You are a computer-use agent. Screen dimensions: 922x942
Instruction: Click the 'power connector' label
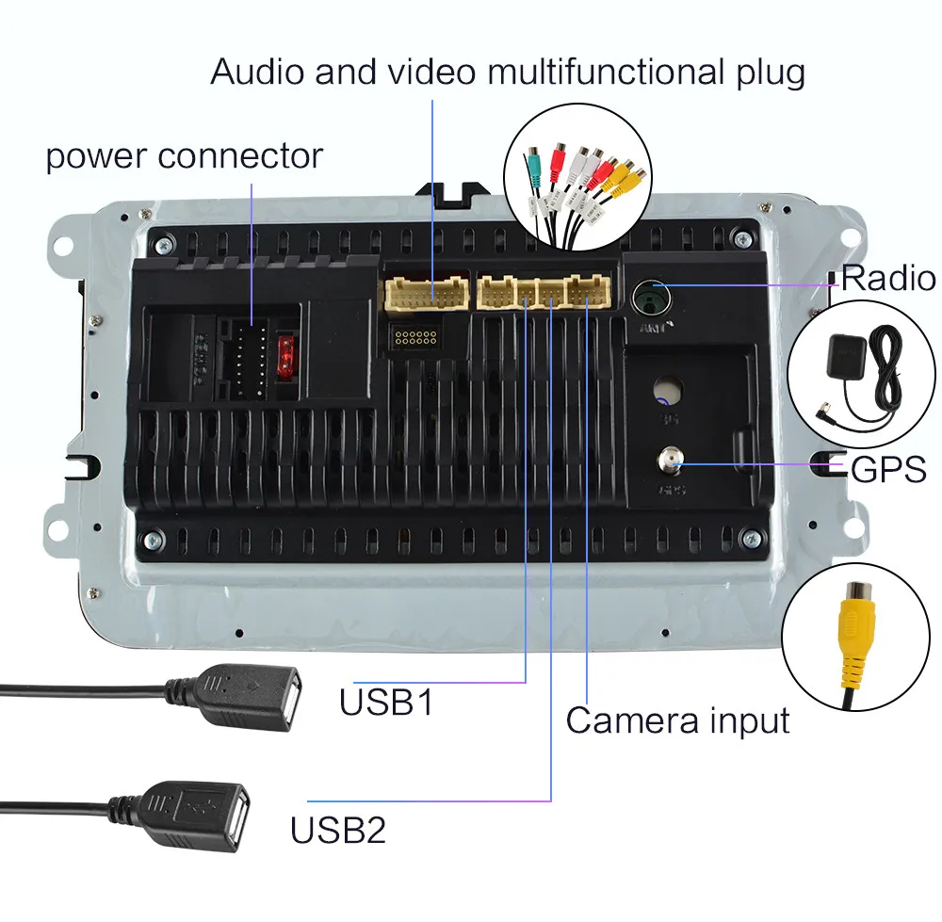click(184, 156)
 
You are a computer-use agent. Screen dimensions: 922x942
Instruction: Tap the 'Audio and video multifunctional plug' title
click(508, 72)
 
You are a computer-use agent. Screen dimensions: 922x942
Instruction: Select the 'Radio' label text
click(888, 279)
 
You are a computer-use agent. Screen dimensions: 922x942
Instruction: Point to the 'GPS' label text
click(888, 468)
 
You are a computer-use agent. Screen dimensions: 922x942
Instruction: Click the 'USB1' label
click(386, 703)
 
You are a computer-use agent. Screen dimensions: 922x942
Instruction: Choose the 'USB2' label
click(338, 831)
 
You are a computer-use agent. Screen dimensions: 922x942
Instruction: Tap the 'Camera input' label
click(677, 721)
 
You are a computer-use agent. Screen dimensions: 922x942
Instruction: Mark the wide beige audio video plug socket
click(427, 293)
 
